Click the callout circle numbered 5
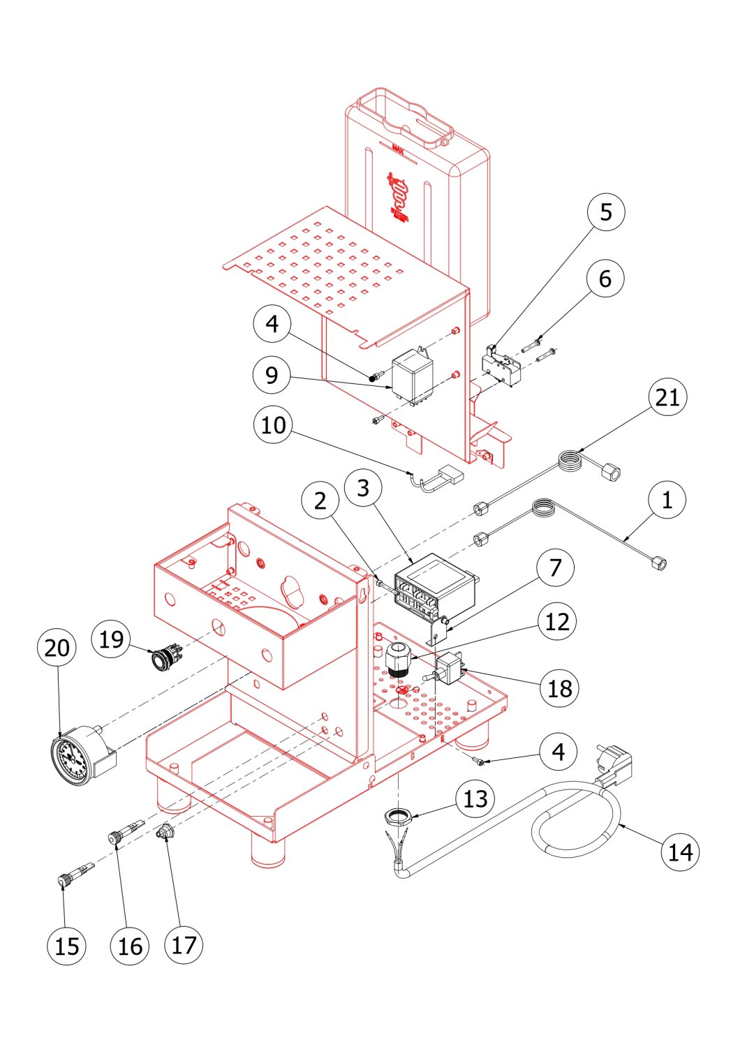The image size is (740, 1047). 605,211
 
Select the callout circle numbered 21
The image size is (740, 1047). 667,397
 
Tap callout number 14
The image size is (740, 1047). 680,852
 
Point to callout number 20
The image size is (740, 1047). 57,648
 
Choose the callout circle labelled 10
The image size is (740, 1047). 273,425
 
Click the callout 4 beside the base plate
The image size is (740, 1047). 558,752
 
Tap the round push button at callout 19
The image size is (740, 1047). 164,658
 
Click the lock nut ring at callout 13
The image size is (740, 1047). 399,815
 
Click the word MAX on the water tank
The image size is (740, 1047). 399,149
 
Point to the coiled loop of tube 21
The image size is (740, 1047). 570,463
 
